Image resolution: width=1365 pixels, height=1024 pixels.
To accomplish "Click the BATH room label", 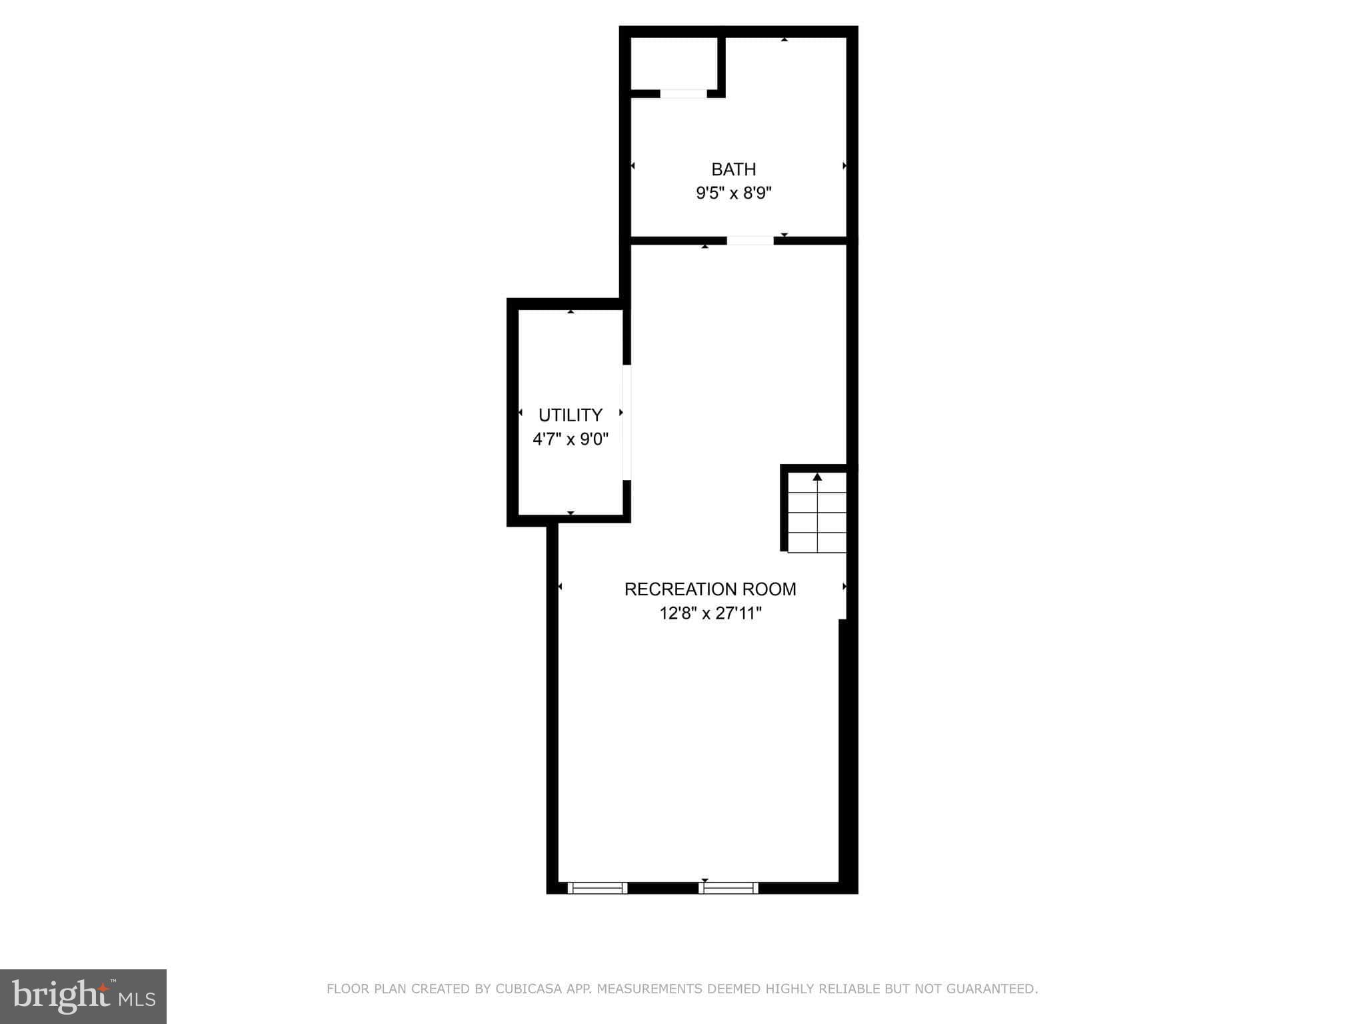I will click(x=733, y=169).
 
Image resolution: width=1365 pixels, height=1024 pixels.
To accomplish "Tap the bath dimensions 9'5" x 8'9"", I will click(x=733, y=193).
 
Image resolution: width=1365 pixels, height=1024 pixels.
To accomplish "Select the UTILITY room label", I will click(x=570, y=415).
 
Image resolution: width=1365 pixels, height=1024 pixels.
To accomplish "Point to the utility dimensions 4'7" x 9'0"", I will click(x=571, y=439).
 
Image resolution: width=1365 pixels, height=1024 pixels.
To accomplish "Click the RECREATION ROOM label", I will click(x=710, y=589).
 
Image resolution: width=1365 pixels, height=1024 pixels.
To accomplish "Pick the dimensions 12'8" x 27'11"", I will click(x=710, y=613).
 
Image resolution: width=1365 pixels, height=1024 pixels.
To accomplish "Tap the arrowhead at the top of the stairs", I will click(x=817, y=477).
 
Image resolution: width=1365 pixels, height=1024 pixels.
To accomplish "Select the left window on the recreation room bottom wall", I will click(x=597, y=887).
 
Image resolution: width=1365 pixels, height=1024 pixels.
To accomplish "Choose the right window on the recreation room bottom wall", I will click(x=728, y=887).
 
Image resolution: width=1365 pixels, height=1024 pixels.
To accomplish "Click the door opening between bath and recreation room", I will click(x=750, y=241).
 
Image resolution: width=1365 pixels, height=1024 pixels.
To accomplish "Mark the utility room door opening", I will click(x=627, y=422).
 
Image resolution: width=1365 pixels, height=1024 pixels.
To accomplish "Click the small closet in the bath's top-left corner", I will click(x=673, y=63).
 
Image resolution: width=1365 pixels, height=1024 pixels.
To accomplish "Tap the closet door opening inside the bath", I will click(x=683, y=94).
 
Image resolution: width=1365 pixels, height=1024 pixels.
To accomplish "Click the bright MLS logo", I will click(x=83, y=996).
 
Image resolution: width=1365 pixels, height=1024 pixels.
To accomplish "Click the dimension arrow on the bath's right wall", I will click(x=844, y=165).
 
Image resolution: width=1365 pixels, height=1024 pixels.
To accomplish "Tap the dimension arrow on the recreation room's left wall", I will click(x=560, y=587).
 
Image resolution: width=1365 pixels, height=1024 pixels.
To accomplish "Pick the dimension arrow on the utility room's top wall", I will click(x=571, y=311).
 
